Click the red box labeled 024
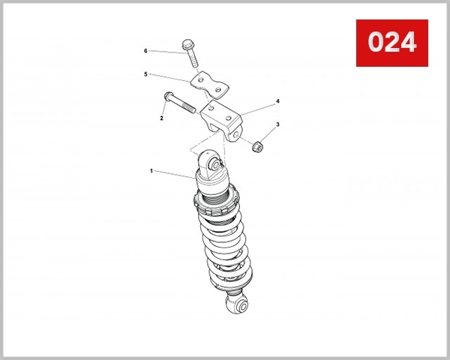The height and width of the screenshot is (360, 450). tap(391, 43)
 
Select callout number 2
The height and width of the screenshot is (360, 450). tap(161, 118)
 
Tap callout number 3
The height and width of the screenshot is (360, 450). tap(277, 124)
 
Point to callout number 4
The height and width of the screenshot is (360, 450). tap(277, 100)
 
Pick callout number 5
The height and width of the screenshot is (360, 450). tap(146, 74)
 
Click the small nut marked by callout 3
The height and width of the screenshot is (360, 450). tap(255, 145)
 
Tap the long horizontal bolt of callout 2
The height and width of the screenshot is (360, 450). tap(180, 103)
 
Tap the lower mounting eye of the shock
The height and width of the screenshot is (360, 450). tap(236, 302)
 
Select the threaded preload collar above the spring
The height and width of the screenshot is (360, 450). tap(217, 201)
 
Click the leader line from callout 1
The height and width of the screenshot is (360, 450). tap(174, 174)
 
